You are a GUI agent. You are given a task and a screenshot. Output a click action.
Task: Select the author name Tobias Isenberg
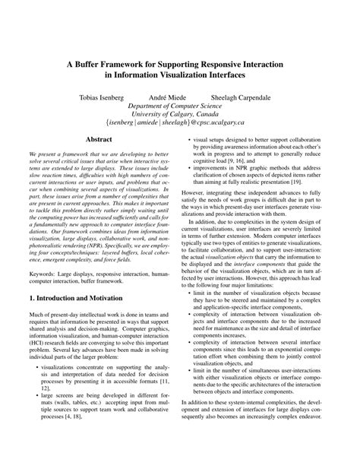point(104,98)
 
